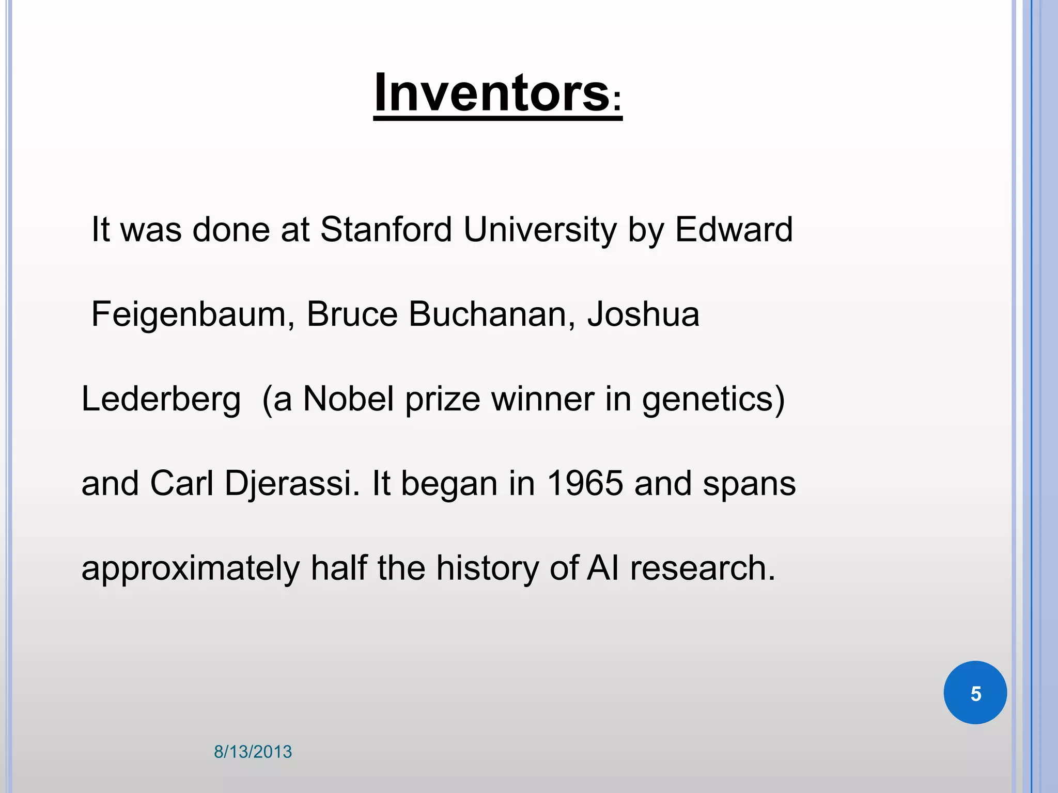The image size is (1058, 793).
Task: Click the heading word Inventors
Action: tap(491, 93)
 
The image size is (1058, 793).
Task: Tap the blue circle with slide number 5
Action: tap(975, 693)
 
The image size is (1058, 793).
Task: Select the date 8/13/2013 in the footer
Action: tap(253, 752)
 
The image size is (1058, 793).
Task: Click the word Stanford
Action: tap(386, 229)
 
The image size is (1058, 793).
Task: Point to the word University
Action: tap(540, 229)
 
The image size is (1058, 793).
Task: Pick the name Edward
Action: tap(734, 229)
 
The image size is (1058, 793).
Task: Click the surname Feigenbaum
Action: tap(189, 314)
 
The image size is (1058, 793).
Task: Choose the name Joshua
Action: tap(643, 314)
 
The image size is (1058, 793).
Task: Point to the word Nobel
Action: tap(349, 399)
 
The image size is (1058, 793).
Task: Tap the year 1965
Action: tap(585, 484)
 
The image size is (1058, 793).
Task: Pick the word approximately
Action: tap(191, 569)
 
